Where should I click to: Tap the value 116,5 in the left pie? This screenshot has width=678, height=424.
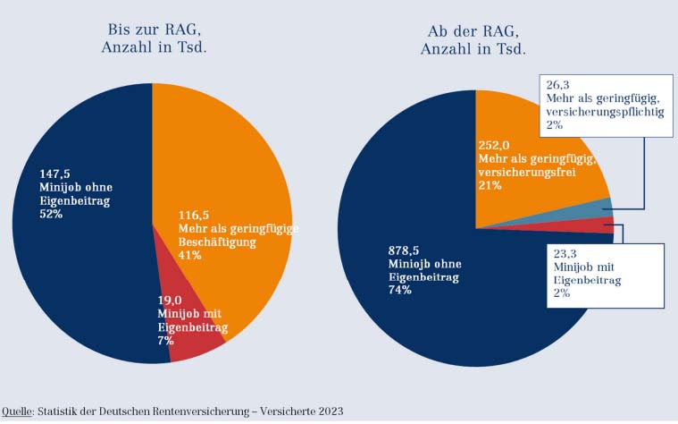(x=197, y=215)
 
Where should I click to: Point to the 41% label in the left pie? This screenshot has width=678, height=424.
(x=190, y=255)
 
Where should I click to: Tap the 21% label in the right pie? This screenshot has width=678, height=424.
(x=490, y=185)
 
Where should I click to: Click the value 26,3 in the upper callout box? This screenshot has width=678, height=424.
(x=559, y=85)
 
